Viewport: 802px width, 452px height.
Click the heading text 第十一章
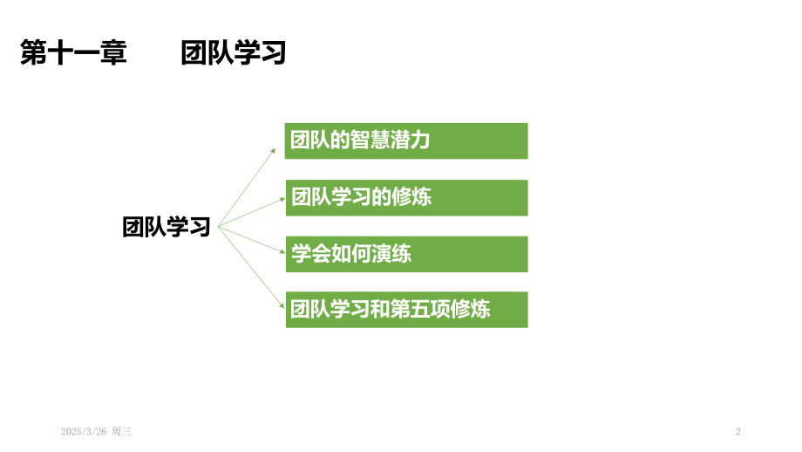click(x=73, y=52)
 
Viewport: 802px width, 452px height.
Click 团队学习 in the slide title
click(x=234, y=52)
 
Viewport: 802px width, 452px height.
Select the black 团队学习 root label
click(x=167, y=227)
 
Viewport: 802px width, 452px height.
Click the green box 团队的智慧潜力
click(x=406, y=140)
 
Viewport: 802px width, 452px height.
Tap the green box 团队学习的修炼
click(x=406, y=197)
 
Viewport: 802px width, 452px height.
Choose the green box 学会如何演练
click(x=406, y=255)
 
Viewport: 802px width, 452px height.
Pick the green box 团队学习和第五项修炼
click(x=406, y=310)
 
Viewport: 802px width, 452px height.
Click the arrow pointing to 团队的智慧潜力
click(x=247, y=188)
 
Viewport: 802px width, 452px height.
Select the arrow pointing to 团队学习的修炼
click(x=251, y=212)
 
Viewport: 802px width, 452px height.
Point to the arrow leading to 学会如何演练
click(x=251, y=240)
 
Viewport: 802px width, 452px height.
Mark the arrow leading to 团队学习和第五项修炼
click(x=251, y=267)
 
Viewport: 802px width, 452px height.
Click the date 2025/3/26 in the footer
click(x=84, y=432)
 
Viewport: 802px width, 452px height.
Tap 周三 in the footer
click(x=122, y=432)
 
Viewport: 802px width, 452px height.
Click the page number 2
click(x=738, y=432)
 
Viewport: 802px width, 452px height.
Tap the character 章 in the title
click(x=113, y=52)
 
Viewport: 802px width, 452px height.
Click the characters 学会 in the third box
click(x=311, y=253)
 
